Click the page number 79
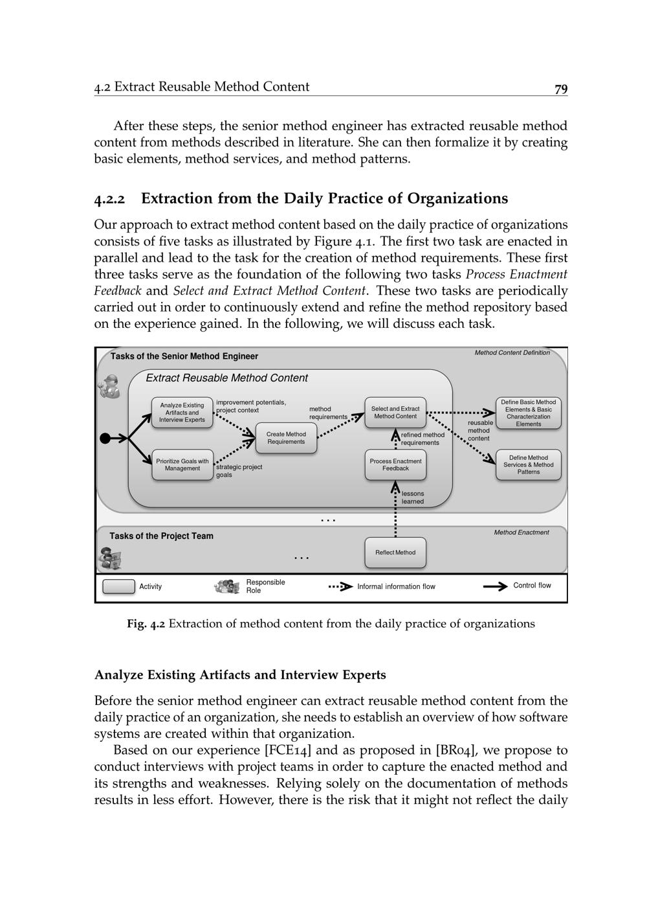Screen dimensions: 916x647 560,89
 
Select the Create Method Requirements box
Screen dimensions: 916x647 286,438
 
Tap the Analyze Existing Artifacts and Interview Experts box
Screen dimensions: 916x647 182,413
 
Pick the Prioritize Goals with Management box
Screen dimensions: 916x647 182,464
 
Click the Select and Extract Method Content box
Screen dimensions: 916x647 395,413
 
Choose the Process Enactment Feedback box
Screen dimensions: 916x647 395,464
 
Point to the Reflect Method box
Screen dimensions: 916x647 395,553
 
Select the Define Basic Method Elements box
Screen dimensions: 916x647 528,413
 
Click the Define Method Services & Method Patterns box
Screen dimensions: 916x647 528,464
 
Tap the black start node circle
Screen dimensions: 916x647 105,439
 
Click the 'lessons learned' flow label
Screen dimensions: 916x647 413,498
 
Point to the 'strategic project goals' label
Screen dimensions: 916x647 239,470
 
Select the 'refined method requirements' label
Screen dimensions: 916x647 422,439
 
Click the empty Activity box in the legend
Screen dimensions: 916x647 119,586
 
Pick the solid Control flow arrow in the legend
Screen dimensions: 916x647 495,586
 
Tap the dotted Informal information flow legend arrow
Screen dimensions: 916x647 341,587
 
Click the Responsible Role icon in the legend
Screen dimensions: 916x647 226,586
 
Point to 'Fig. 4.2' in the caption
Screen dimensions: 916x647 146,624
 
